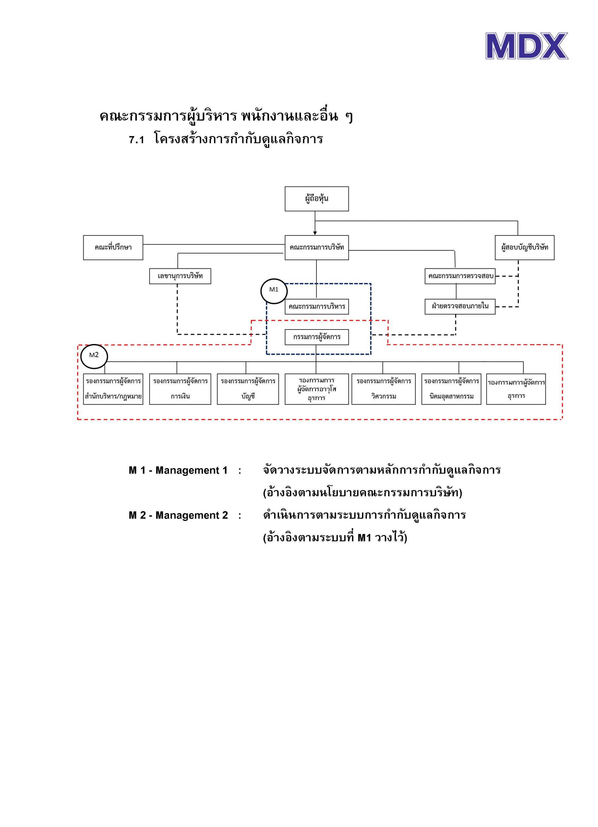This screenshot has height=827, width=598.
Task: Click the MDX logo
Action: coord(527,46)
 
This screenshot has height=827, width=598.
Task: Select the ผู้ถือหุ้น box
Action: coord(316,199)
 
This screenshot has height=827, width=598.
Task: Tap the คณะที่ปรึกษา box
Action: coord(113,247)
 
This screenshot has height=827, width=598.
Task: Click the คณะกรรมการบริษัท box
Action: coord(316,247)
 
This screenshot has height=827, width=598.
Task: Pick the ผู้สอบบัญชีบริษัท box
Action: coord(524,247)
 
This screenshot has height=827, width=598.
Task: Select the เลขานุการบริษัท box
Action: coord(180,276)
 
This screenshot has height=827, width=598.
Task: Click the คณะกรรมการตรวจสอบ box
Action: coord(460,276)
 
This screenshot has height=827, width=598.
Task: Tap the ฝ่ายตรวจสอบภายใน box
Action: coord(460,306)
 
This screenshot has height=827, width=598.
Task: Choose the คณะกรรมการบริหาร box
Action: coord(316,306)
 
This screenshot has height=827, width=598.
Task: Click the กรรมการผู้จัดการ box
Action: coord(316,337)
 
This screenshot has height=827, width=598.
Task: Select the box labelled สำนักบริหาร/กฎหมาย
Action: coord(113,389)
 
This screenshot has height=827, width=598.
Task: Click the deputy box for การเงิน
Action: coord(180,389)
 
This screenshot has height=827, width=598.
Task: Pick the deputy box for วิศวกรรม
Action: coord(383,389)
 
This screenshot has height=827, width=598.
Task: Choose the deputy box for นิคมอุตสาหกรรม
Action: coord(451,389)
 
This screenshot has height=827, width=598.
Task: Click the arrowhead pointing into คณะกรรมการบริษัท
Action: coord(315,233)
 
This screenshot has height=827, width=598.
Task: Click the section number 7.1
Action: coord(137,140)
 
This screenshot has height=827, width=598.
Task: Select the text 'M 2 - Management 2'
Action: coord(178,515)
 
